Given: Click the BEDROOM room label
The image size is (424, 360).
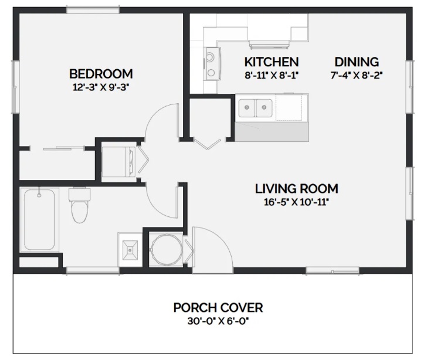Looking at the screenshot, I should [x=101, y=74].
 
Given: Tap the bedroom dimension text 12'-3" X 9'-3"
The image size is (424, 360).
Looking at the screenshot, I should [x=101, y=87].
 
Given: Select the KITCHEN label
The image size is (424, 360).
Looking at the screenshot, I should [x=272, y=62].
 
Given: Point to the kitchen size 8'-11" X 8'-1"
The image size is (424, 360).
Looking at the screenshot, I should [x=272, y=74].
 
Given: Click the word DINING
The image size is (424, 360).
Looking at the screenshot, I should [x=357, y=62].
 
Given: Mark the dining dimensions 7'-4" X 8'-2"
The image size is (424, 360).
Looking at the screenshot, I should [x=357, y=74].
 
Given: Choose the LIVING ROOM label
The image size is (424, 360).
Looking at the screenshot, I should [x=296, y=189].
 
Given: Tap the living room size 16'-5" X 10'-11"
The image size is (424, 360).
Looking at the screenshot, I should [x=296, y=202].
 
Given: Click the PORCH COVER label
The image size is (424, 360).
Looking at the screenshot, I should [x=218, y=307].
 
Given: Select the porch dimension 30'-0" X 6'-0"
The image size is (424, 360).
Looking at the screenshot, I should [x=218, y=321].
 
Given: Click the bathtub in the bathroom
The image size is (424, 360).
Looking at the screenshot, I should [x=39, y=219].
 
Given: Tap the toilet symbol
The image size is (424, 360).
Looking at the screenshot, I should [x=78, y=206].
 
